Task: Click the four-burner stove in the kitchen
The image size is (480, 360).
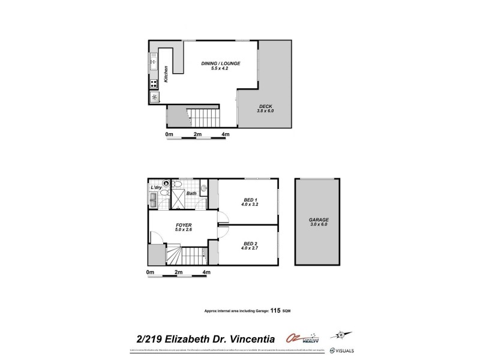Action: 154,83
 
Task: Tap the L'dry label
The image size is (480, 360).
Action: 157,188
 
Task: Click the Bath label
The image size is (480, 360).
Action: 191,193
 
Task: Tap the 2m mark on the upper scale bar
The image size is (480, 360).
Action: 197,134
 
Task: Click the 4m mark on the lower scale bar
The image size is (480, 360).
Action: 206,273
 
